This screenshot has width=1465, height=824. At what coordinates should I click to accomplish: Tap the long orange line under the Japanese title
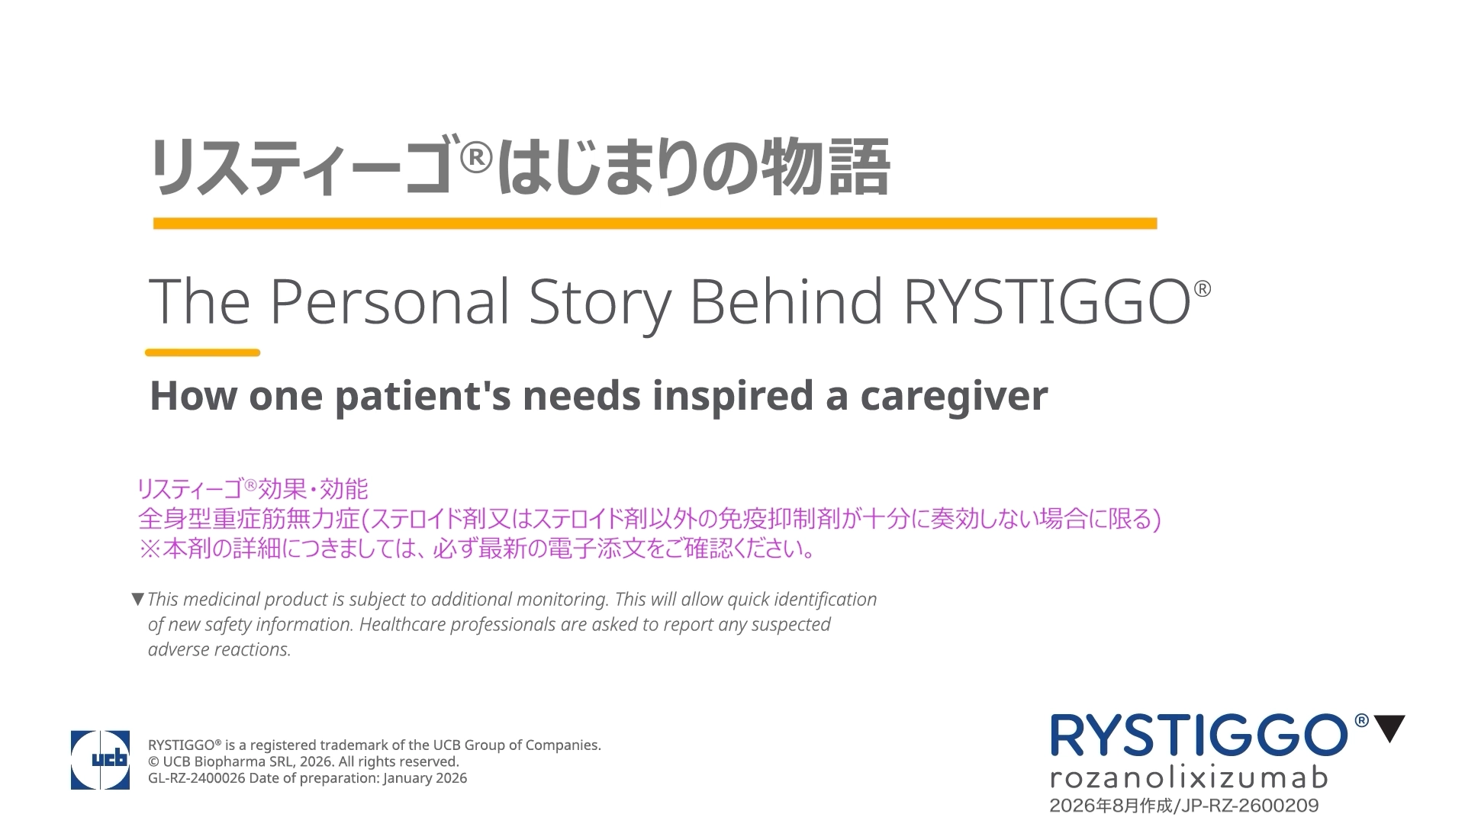(655, 224)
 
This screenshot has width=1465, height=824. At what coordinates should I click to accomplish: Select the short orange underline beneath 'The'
(203, 352)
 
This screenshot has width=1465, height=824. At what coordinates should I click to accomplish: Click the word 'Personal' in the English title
(389, 301)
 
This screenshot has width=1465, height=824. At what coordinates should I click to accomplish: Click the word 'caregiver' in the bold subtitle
(954, 396)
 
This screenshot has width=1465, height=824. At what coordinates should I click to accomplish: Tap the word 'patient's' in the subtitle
(423, 397)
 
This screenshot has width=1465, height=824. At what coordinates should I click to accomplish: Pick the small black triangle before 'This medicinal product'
(138, 600)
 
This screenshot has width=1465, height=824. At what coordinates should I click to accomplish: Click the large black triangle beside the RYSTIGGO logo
(1389, 729)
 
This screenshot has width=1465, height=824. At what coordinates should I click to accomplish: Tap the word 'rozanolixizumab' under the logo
(1189, 778)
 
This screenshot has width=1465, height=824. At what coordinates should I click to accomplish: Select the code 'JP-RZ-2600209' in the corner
(1250, 806)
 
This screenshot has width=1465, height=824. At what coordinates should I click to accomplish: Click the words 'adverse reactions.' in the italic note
(220, 649)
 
